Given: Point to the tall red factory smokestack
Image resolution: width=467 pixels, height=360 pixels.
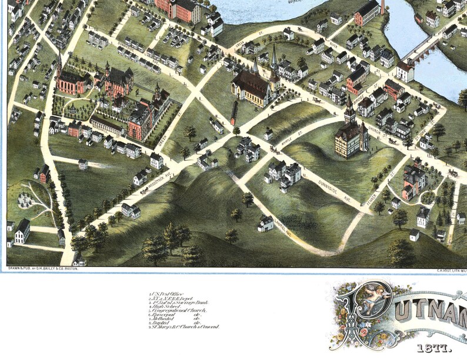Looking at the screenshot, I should (x=382, y=7).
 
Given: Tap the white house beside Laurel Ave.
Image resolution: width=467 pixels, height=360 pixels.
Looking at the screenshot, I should (x=265, y=223).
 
